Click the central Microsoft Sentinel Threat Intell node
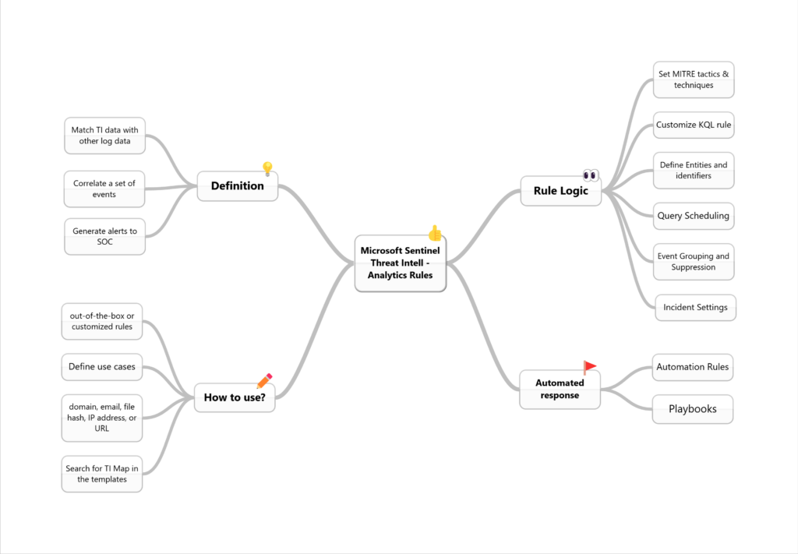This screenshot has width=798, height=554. pos(401,263)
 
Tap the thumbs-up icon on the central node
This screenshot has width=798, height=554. pos(435,233)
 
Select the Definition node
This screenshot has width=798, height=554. pos(237,186)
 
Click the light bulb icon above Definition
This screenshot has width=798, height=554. pos(267,168)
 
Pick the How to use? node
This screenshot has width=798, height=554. pos(235,397)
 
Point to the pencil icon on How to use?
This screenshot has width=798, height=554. pos(265,380)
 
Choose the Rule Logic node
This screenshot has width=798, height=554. pos(561,191)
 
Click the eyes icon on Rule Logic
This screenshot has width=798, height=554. pos(591,175)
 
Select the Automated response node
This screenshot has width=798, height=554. pos(560,389)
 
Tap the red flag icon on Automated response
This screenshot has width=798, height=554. pos(589,367)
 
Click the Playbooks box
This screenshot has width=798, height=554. pos(693,409)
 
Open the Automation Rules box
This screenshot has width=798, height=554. pos(693,367)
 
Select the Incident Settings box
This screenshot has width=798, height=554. pos(696,307)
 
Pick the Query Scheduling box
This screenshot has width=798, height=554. pos(694,216)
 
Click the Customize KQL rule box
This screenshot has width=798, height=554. pos(694,125)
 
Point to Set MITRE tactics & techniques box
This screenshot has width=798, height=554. pos(694,80)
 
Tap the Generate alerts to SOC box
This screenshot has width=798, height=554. pos(105,237)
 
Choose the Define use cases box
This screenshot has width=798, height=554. pos(102,367)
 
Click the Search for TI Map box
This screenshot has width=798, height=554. pos(102,474)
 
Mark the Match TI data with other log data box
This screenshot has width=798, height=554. pos(105,136)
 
